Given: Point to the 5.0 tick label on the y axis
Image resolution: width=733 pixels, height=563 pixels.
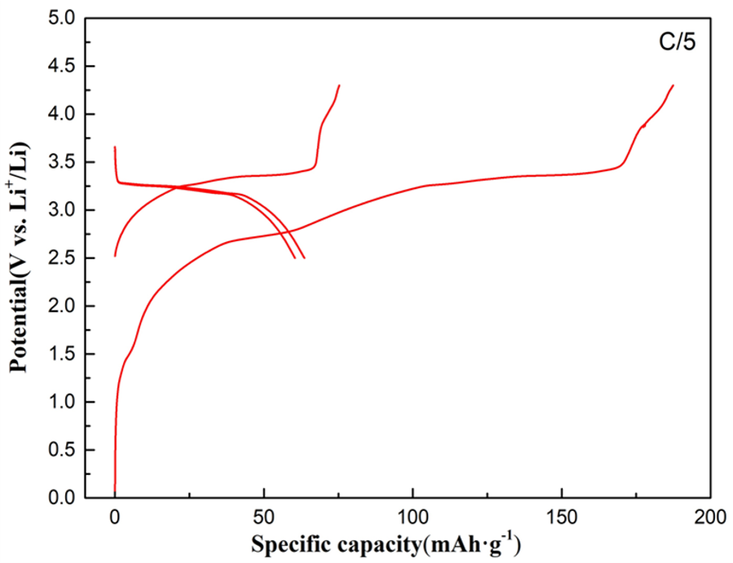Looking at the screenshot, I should [x=62, y=18].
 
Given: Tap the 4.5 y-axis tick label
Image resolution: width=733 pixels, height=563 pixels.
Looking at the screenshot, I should [x=62, y=66].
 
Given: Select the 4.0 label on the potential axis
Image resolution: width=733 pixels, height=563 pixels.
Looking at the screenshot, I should [x=62, y=114].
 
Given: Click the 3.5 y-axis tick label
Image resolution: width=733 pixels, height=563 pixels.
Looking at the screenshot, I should [x=62, y=162].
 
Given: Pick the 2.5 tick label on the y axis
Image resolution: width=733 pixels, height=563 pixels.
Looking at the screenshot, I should [x=62, y=258].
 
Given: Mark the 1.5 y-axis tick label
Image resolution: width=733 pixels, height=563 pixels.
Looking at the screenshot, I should [x=62, y=354].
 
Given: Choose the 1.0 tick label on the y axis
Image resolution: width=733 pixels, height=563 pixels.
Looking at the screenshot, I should [x=62, y=402].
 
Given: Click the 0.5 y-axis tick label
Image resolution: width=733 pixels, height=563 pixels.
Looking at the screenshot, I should [x=62, y=450].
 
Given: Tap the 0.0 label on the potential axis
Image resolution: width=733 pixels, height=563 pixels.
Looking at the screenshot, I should [x=62, y=498].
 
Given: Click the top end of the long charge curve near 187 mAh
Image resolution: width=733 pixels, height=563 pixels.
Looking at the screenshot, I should [x=673, y=86].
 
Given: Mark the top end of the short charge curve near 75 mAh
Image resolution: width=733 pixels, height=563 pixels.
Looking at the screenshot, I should [x=339, y=86].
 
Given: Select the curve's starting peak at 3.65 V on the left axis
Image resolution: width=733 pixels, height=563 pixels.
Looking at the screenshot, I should [x=115, y=147].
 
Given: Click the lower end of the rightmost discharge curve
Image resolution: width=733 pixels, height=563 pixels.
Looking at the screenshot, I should [x=304, y=258].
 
